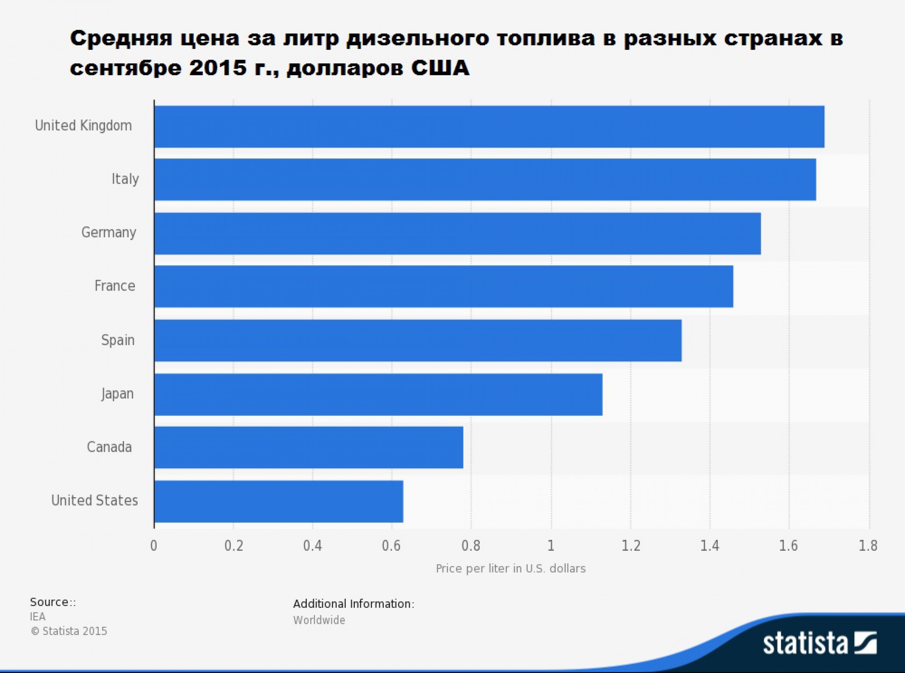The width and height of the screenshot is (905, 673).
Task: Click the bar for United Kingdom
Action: tap(489, 127)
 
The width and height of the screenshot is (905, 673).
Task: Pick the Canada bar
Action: tap(308, 447)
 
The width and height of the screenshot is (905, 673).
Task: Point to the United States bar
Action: tap(278, 501)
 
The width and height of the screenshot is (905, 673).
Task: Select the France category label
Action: tap(115, 286)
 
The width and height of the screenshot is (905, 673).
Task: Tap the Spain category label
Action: tap(118, 340)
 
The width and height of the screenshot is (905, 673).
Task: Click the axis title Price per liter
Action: tap(511, 569)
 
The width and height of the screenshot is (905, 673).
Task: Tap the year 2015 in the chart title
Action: tap(218, 68)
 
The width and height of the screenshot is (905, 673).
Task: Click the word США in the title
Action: tap(440, 68)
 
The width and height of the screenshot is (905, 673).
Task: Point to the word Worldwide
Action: tap(319, 620)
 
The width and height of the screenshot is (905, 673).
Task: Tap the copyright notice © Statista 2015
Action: tap(69, 631)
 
